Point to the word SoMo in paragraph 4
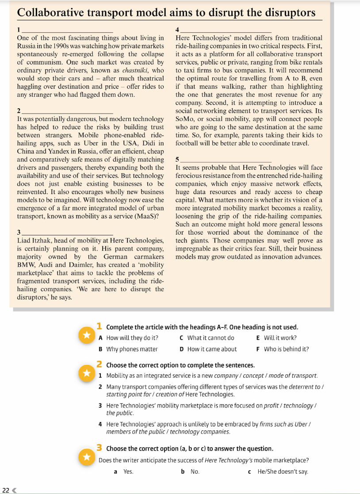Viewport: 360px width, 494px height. pyautogui.click(x=184, y=119)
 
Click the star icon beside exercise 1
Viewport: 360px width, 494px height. pyautogui.click(x=84, y=336)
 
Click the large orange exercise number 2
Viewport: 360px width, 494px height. pyautogui.click(x=100, y=365)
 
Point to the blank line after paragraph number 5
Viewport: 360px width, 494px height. pyautogui.click(x=226, y=160)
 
